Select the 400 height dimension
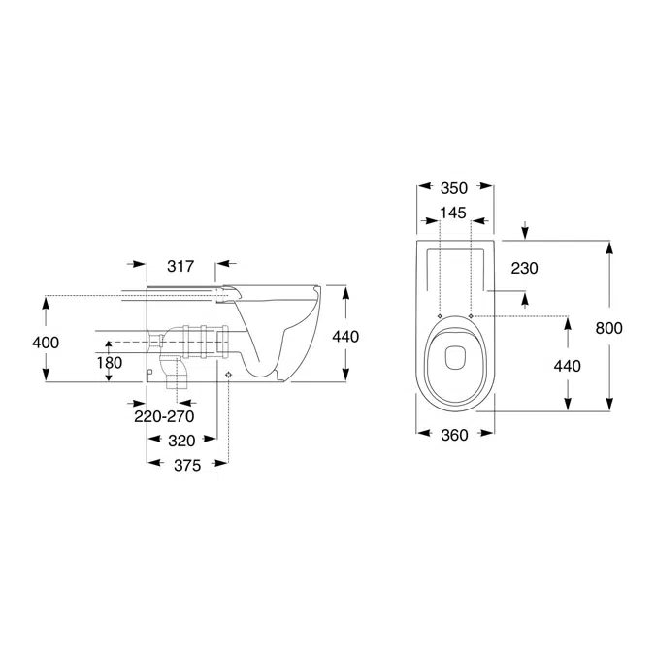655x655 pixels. (x=46, y=342)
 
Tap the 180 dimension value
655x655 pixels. (x=109, y=361)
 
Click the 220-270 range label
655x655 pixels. (x=164, y=417)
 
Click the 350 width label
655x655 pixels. (x=454, y=187)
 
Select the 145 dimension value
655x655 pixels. (x=454, y=212)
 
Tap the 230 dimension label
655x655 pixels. (x=522, y=268)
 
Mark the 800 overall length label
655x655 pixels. (x=608, y=328)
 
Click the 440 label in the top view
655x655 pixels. (x=566, y=366)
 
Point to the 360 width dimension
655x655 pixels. (x=454, y=436)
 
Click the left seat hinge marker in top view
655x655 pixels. (x=440, y=316)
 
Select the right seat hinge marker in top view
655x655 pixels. (x=471, y=316)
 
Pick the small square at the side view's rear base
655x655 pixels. (x=149, y=371)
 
